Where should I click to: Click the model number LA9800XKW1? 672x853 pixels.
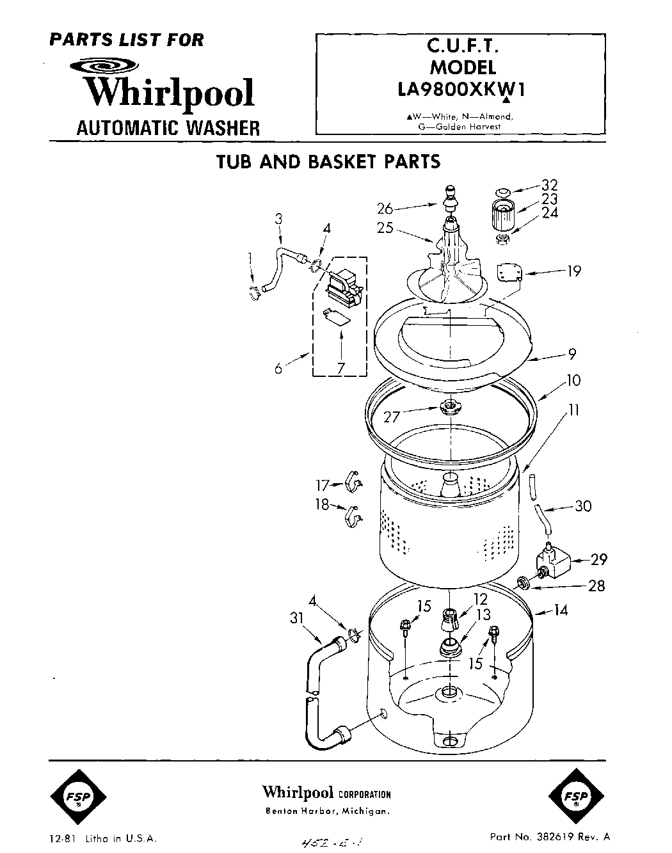pos(461,90)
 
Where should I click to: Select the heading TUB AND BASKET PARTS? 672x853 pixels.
pos(328,162)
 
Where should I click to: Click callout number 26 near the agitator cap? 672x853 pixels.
pos(385,208)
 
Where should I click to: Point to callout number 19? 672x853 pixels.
pos(573,271)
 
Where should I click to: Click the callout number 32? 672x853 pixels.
pos(549,185)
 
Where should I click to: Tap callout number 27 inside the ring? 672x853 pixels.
pos(391,417)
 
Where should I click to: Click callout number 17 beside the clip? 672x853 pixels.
pos(321,486)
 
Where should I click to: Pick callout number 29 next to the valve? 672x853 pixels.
pos(598,560)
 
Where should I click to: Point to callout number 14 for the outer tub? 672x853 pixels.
pos(560,610)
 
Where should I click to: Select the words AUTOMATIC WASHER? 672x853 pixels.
pos(168,128)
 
